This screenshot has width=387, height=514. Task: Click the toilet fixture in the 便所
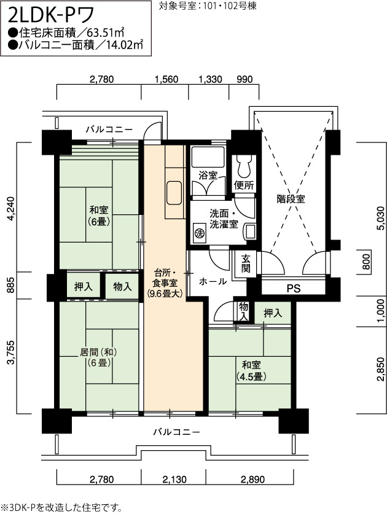click(244, 166)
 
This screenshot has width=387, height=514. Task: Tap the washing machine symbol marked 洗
click(199, 233)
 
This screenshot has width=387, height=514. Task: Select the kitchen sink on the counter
click(174, 193)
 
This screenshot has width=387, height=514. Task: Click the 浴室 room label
click(208, 175)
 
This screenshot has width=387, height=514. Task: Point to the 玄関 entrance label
click(246, 263)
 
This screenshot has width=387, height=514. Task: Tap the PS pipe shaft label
click(294, 289)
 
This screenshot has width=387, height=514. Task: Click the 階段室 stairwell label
click(291, 198)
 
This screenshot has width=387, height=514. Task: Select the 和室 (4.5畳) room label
click(251, 371)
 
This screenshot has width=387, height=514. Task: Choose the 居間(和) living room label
click(98, 357)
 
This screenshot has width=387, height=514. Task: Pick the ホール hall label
click(213, 281)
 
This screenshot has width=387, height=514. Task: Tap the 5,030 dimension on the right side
click(380, 219)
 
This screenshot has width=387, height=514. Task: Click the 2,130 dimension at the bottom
click(174, 480)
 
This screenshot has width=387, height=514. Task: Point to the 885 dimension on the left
click(11, 285)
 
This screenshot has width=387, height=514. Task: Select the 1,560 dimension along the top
click(166, 79)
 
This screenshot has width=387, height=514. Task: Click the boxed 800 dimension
click(366, 262)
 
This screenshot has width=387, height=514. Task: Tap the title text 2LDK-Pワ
click(51, 14)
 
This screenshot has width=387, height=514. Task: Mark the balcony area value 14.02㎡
click(125, 45)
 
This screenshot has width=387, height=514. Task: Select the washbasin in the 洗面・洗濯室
click(250, 231)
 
